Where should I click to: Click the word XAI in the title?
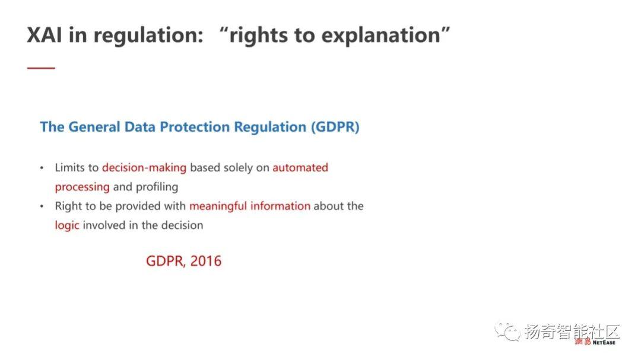click(44, 35)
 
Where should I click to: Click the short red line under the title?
click(41, 68)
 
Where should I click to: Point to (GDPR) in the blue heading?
click(335, 127)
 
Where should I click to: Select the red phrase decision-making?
click(144, 168)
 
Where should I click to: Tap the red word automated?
click(300, 167)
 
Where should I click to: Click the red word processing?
click(82, 187)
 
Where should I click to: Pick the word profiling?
click(157, 187)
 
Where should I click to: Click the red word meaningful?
click(218, 206)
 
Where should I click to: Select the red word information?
click(280, 206)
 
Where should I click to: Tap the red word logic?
click(66, 225)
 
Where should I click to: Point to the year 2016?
click(205, 261)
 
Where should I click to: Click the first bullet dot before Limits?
click(42, 168)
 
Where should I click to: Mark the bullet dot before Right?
click(42, 206)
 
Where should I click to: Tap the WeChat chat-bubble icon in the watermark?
click(507, 331)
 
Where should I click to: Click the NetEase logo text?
click(595, 342)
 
